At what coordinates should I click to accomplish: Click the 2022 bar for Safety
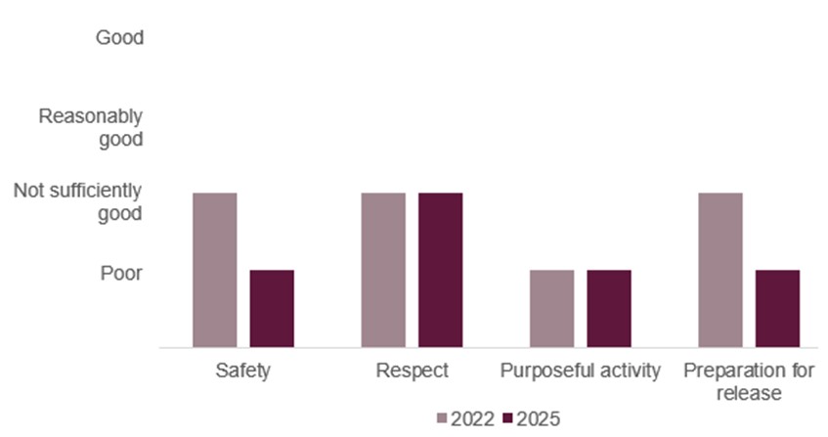pos(214,270)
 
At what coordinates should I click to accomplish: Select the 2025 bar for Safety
pos(272,308)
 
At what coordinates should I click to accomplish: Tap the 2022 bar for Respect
pos(383,270)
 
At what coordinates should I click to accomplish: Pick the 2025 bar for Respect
pos(441,270)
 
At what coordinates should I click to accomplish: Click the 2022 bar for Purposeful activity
pos(551,308)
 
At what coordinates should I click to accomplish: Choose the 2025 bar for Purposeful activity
pos(609,308)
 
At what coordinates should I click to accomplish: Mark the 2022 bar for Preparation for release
pos(720,270)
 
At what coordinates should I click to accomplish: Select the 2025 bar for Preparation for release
pos(777,308)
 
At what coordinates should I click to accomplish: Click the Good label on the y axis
pos(119,38)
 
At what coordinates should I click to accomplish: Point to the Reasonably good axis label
pos(91,127)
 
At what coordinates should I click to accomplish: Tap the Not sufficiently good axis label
pos(78,201)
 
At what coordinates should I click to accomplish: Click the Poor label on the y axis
pos(122,272)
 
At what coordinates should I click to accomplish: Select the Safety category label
pos(242,371)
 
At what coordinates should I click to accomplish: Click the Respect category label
pos(412,371)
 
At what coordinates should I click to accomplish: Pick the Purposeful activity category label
pos(581,371)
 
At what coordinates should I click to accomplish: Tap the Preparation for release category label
pos(749,382)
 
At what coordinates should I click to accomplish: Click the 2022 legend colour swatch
pos(442,418)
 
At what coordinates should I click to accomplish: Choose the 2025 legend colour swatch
pos(507,418)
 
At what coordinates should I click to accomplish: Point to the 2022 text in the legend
pos(472,418)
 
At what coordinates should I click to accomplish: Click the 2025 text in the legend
pos(539,418)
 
